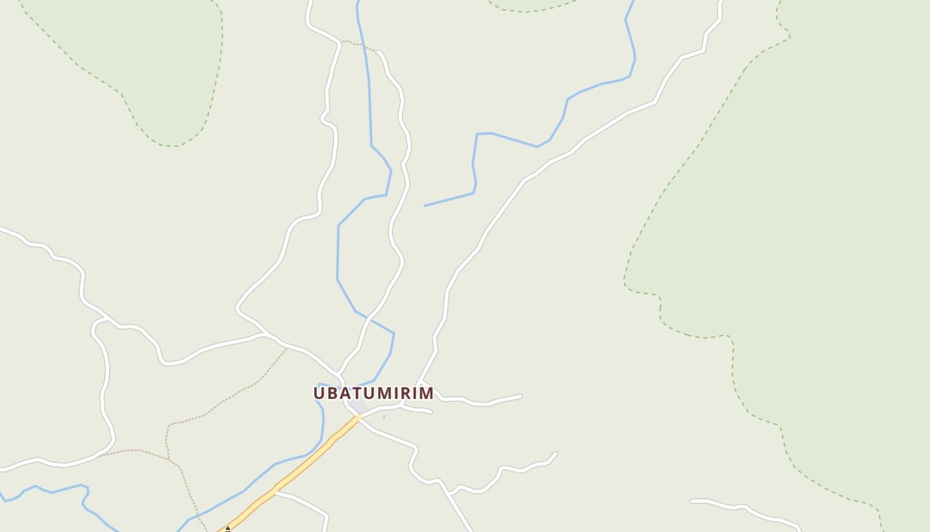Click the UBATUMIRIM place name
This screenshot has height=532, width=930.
[373, 393]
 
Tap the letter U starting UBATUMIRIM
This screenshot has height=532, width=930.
[320, 393]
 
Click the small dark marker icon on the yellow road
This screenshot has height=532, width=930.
[228, 529]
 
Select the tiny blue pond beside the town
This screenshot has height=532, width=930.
[384, 417]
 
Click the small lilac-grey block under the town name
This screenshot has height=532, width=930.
[359, 406]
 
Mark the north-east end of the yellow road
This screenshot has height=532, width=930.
[359, 417]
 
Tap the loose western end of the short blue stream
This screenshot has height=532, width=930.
[425, 205]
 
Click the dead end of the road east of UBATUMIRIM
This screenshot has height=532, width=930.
[520, 396]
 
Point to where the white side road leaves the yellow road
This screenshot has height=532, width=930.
[275, 493]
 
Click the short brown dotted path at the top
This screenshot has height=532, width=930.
[359, 45]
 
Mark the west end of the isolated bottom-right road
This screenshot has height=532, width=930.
[692, 501]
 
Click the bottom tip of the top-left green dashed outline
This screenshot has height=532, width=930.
[174, 146]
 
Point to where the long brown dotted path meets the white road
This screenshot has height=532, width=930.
[286, 347]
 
